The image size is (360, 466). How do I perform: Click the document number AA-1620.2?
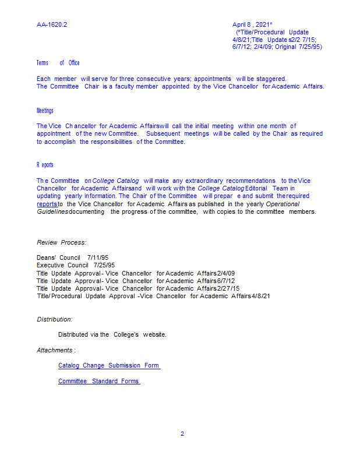coord(52,24)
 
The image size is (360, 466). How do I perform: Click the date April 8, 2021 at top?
coord(252,24)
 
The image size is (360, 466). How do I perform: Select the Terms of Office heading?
coord(58,63)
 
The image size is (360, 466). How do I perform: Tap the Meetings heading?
coord(45,111)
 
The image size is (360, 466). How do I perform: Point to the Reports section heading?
coord(45,165)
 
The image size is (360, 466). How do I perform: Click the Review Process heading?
coord(61,242)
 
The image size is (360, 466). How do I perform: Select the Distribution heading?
coord(55,319)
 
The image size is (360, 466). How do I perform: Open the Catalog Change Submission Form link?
coord(108,366)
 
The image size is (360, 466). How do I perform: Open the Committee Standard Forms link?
coord(98,382)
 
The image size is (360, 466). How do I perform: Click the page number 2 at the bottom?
coord(182,434)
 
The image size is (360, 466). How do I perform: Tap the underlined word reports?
coord(47,204)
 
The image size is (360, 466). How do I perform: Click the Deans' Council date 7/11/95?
coord(98,257)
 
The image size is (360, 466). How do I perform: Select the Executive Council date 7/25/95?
coord(104,265)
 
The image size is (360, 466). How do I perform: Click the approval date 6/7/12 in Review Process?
coord(226,281)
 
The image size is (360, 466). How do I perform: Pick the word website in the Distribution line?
coord(154,334)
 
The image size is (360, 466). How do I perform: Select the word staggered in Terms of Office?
coord(271,79)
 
